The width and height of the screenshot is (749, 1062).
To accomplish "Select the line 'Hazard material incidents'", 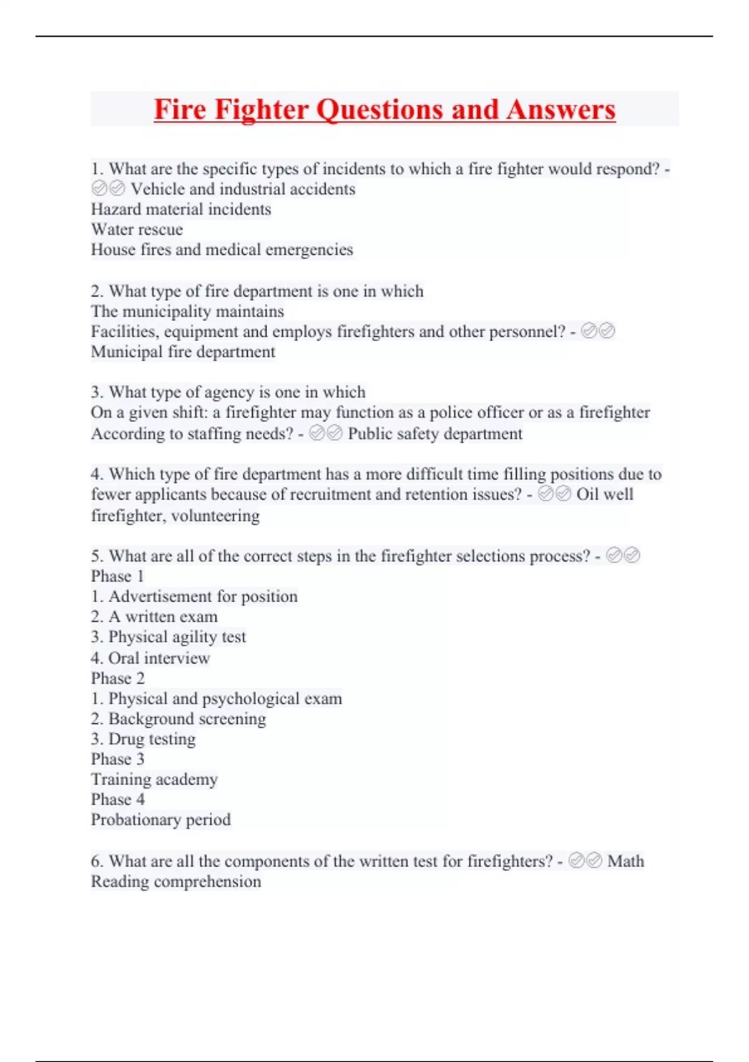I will click(181, 209).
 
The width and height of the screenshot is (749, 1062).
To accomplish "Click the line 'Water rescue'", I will click(137, 229).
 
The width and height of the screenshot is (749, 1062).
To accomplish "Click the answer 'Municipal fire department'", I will click(183, 352).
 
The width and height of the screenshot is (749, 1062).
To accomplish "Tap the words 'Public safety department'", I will click(434, 434).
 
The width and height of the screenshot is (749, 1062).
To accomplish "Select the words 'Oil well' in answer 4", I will click(604, 494).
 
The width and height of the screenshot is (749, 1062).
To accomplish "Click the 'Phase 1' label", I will click(117, 576).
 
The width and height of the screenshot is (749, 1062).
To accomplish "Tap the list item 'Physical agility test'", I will click(177, 637).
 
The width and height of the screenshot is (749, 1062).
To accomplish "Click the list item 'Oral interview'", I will click(159, 658).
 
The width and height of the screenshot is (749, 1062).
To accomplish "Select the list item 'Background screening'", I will click(187, 719).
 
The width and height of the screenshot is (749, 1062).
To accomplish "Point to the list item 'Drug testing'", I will click(152, 739).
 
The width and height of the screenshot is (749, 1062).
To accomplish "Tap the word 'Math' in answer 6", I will click(625, 861).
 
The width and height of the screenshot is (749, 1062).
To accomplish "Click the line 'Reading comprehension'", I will click(176, 881).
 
